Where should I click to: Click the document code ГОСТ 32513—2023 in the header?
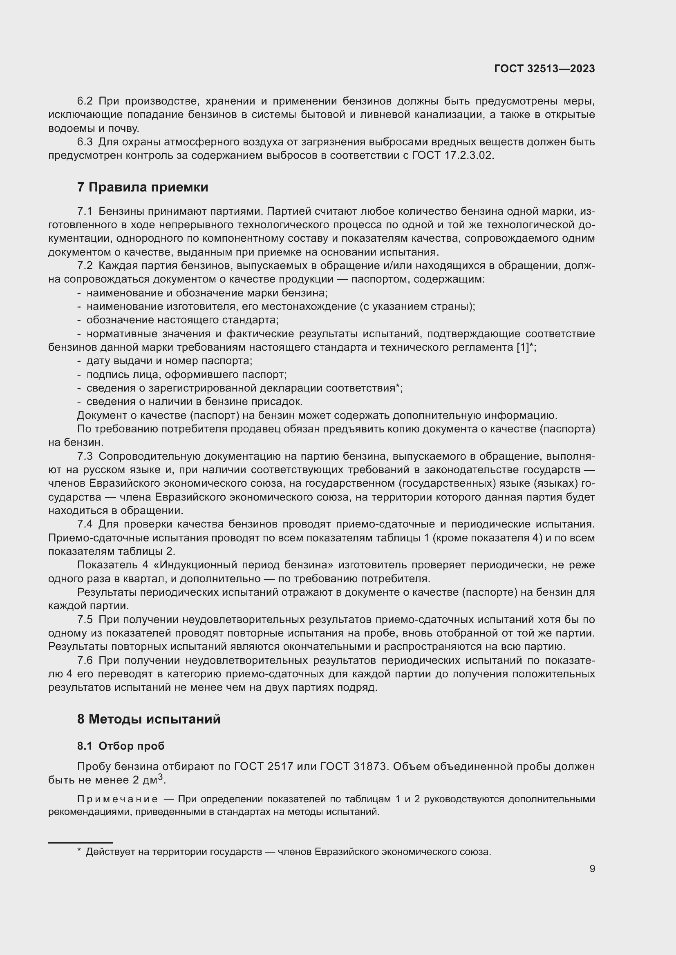pos(544,69)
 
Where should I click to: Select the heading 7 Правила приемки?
pos(142,187)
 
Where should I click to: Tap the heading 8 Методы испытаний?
pos(149,719)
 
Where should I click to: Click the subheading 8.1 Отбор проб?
pos(121,746)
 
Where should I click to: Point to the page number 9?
pos(592,868)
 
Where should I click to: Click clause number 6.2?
pos(85,101)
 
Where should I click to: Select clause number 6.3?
pos(85,142)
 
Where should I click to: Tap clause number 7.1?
pos(85,211)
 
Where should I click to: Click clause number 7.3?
pos(85,456)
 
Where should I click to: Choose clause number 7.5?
pos(85,620)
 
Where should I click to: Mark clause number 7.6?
pos(85,661)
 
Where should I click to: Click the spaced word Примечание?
pos(117,799)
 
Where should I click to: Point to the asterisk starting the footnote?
pos(79,851)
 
